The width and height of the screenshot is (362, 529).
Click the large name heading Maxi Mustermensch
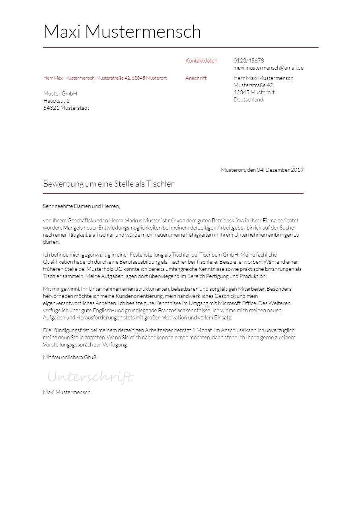122,32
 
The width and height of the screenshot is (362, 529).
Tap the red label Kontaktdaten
201,61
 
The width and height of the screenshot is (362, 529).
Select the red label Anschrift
196,78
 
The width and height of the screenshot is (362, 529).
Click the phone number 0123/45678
249,61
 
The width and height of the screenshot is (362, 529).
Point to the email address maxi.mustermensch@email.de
268,68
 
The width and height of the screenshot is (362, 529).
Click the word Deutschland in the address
248,100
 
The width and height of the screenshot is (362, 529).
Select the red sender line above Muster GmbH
105,78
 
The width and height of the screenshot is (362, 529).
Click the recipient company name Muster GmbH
60,94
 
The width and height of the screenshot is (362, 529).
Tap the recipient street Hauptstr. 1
56,101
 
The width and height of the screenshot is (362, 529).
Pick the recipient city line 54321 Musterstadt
66,108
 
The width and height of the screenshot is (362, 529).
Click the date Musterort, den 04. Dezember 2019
262,170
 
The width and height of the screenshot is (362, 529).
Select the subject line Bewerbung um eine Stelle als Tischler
109,184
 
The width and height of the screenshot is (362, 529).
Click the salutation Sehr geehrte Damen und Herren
81,206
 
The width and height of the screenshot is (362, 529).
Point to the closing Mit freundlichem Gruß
70,358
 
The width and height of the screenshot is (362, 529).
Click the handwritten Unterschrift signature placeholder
90,377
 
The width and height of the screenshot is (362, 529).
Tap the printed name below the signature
66,393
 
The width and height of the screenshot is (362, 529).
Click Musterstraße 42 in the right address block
253,86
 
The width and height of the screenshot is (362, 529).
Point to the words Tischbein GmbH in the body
219,255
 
